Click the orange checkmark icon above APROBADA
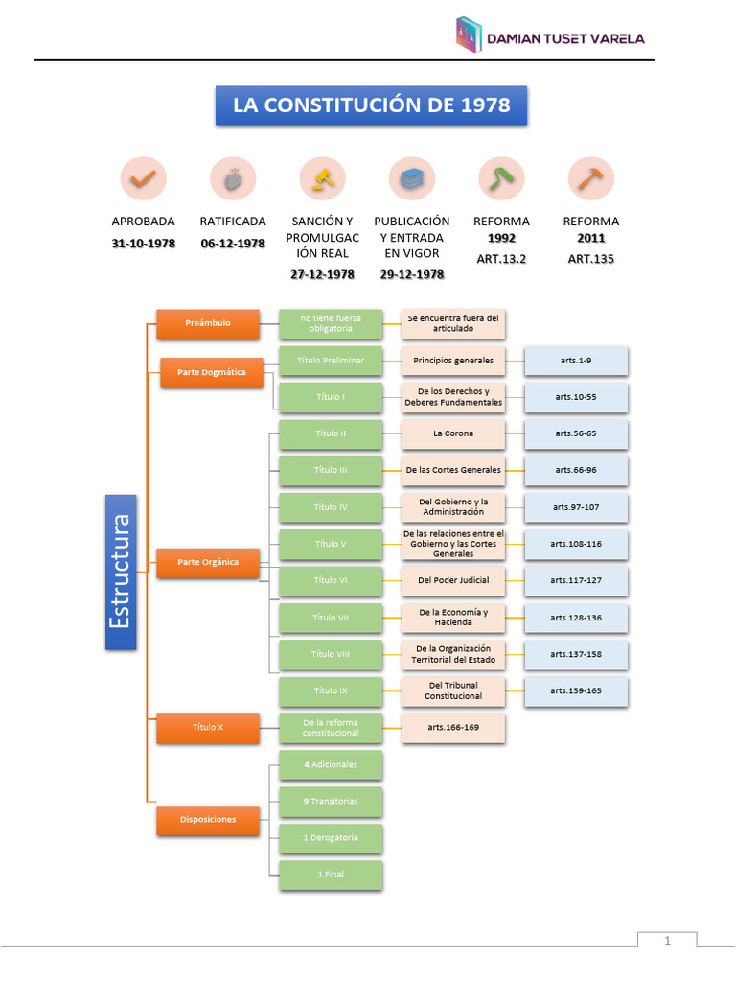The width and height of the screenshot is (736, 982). pyautogui.click(x=144, y=178)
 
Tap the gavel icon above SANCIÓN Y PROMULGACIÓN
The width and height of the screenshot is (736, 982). pyautogui.click(x=323, y=178)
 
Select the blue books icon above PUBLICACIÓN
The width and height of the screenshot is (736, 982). pyautogui.click(x=412, y=179)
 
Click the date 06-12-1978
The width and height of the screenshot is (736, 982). pyautogui.click(x=233, y=244)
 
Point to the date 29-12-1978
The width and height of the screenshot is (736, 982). pyautogui.click(x=412, y=274)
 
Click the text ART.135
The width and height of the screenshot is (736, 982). pyautogui.click(x=590, y=259)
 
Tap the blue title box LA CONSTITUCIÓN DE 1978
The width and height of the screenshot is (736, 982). pyautogui.click(x=371, y=105)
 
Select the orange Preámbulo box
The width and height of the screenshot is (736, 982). pyautogui.click(x=208, y=324)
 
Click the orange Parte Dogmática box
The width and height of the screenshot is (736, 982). pyautogui.click(x=212, y=373)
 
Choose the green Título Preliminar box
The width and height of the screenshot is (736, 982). pyautogui.click(x=331, y=361)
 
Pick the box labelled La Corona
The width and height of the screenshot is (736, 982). pyautogui.click(x=453, y=434)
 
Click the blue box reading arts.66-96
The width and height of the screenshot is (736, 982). pyautogui.click(x=576, y=470)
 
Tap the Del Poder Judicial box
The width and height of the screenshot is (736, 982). pyautogui.click(x=453, y=580)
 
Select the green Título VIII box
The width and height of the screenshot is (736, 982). pyautogui.click(x=331, y=654)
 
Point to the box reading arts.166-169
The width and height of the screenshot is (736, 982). pyautogui.click(x=453, y=728)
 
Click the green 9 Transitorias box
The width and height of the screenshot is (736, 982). pyautogui.click(x=331, y=802)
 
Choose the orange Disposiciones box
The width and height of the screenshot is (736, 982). pyautogui.click(x=208, y=820)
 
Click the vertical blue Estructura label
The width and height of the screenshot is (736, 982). pyautogui.click(x=121, y=572)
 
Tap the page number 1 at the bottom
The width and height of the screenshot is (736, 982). pyautogui.click(x=667, y=941)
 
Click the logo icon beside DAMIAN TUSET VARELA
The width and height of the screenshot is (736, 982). pyautogui.click(x=469, y=34)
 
